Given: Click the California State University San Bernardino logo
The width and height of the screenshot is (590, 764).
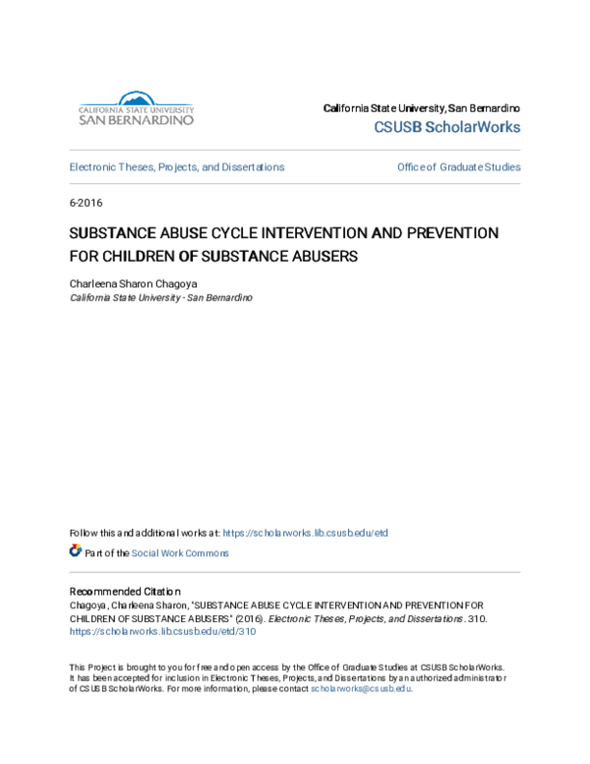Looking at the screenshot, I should coord(136,108).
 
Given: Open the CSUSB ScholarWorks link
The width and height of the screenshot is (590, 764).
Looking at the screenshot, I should coord(447,127).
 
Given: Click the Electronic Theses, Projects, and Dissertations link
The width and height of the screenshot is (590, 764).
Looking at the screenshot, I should coord(177,167).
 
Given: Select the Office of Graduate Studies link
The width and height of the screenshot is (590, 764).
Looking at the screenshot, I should coord(458,167).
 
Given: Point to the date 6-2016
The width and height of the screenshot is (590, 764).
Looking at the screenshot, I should coord(86,203).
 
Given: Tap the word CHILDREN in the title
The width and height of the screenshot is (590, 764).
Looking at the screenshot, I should coord(135,255).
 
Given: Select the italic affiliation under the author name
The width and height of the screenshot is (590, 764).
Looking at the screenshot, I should coord(160,296).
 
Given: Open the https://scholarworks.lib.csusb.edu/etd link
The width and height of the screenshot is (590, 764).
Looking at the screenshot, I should coord(305,533).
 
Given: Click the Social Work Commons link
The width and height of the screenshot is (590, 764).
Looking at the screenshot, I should coord(181,553).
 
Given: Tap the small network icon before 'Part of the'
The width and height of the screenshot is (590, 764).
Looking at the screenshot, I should coord(76,552).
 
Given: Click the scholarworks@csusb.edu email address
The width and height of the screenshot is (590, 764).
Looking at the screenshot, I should coord(361,689).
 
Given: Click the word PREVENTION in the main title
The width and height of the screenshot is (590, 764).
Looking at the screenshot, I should coord(446,233).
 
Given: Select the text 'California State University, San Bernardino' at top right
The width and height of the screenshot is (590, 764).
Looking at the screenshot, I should coord(422,107).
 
